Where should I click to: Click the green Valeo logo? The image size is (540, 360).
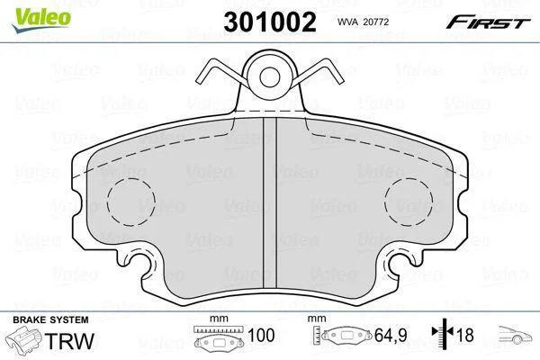(41, 19)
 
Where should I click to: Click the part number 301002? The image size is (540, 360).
(270, 22)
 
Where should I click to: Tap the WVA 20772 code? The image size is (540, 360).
(363, 22)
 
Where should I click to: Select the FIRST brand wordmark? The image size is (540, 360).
(488, 22)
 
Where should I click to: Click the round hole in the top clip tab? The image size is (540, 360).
(270, 77)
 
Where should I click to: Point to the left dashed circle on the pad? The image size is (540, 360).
(130, 202)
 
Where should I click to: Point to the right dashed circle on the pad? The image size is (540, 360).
(409, 202)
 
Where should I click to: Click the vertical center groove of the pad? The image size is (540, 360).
(270, 202)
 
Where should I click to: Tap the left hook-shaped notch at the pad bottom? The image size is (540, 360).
(141, 262)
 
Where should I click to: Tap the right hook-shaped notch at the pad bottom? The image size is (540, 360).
(400, 262)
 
